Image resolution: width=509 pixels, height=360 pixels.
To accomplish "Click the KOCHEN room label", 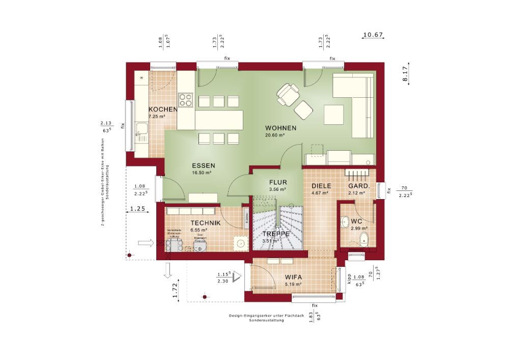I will (x=163, y=109).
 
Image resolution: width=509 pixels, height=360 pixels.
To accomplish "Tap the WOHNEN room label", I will (x=280, y=128).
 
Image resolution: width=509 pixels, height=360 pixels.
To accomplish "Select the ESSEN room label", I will (x=204, y=165).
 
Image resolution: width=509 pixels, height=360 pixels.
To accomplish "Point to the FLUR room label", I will (x=278, y=182).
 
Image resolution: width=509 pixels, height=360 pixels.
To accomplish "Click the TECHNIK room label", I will (x=205, y=223).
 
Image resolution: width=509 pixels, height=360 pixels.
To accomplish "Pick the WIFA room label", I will (x=293, y=277).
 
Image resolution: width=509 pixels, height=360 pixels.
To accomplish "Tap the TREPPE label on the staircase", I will (x=276, y=234).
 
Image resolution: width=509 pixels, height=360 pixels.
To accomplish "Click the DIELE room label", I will (x=321, y=186).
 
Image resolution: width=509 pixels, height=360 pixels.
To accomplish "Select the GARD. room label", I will (x=359, y=186).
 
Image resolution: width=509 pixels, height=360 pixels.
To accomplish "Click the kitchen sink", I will (x=141, y=131).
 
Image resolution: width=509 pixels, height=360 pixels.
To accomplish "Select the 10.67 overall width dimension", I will (x=373, y=35).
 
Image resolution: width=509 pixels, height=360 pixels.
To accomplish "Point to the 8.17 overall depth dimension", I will (x=405, y=74).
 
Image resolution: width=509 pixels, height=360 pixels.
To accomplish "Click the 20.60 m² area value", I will (x=275, y=135).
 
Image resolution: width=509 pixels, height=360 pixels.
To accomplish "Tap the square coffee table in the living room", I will (x=334, y=114).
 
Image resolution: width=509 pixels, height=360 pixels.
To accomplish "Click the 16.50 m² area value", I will (x=202, y=173).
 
